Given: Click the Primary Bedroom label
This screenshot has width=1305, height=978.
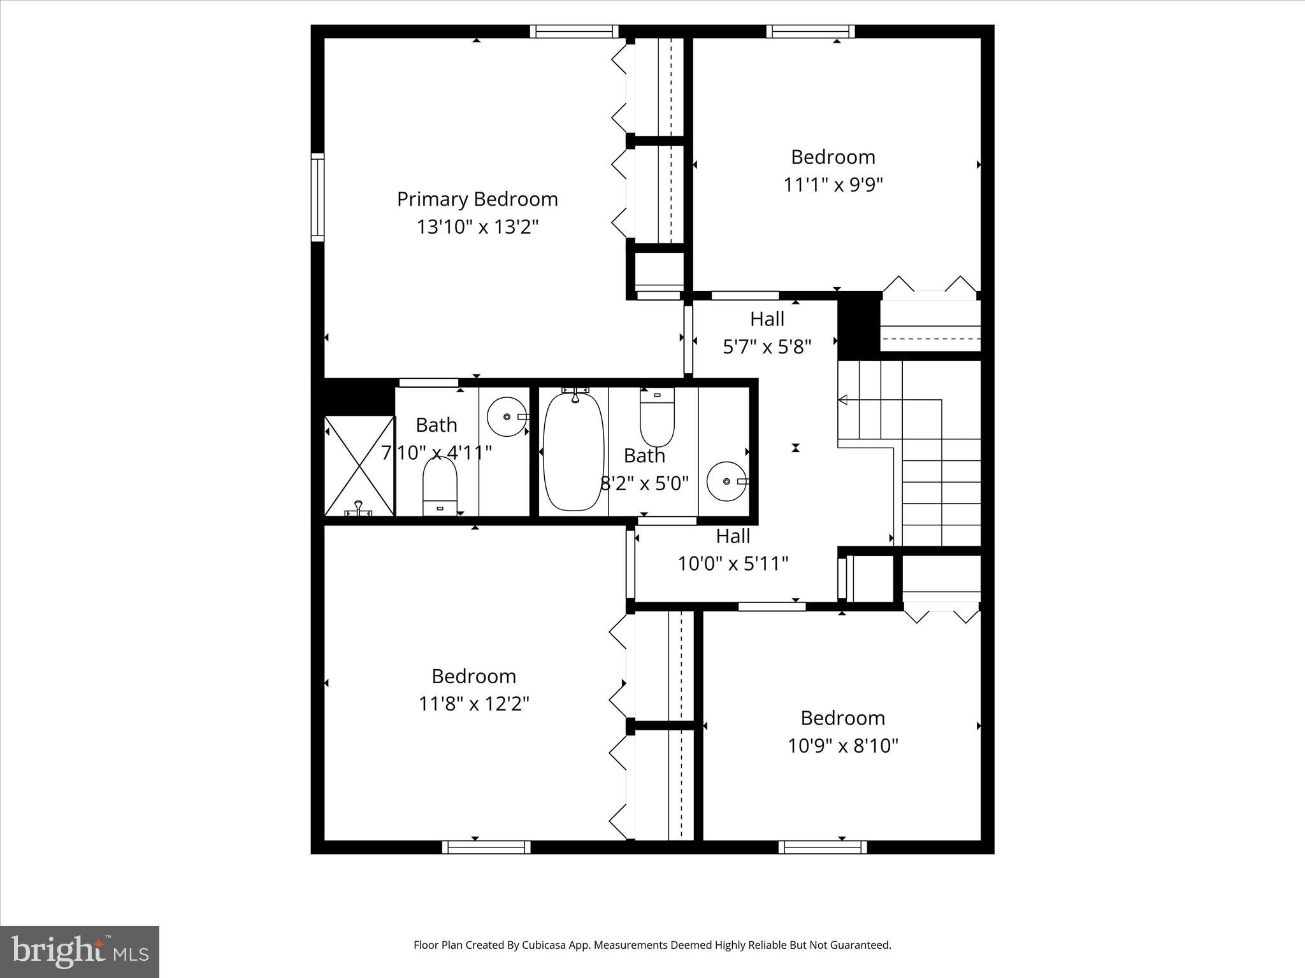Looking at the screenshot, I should [477, 199].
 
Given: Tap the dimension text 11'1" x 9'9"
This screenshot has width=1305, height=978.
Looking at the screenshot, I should [833, 185].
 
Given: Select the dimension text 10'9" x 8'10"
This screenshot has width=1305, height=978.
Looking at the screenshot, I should [842, 746].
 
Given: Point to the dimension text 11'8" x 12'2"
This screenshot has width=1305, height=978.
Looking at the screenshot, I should [473, 704].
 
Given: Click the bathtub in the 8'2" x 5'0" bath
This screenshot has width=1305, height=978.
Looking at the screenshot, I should [573, 452].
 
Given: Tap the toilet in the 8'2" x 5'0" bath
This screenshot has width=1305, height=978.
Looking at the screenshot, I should [657, 417].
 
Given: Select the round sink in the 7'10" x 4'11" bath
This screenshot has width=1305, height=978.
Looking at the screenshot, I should [508, 416].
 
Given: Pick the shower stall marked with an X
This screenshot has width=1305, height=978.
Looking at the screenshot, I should [359, 465].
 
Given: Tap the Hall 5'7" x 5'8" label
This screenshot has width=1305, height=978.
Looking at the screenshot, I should [767, 319].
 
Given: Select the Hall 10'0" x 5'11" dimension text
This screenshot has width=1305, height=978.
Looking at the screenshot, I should [733, 563].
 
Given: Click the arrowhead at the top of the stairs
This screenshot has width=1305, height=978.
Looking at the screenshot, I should [842, 400].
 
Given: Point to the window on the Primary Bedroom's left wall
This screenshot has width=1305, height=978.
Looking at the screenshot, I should [317, 197].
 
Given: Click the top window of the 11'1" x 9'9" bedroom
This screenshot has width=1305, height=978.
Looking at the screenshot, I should [811, 31].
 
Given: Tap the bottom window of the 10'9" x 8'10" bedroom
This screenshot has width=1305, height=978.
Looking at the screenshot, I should [822, 847].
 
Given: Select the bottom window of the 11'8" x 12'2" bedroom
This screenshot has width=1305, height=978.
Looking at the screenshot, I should [486, 847].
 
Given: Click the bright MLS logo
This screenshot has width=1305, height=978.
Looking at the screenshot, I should [80, 952].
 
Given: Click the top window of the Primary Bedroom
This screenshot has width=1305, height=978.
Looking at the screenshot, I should [574, 31].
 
